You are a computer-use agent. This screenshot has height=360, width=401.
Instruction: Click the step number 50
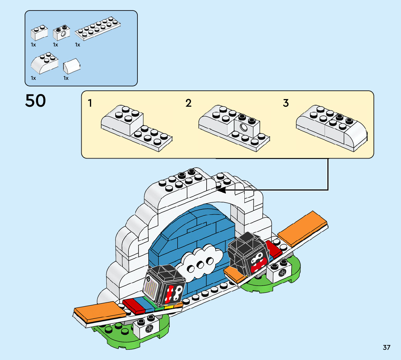coord(36,101)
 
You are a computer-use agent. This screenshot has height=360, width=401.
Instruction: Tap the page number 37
coord(386,348)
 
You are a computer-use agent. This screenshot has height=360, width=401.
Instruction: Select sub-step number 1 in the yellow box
coord(90,103)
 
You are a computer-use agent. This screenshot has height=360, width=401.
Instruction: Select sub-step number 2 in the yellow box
coord(188,103)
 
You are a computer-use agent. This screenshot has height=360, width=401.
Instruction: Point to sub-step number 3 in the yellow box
coord(286,103)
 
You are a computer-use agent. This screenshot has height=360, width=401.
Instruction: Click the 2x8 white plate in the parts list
coord(98,28)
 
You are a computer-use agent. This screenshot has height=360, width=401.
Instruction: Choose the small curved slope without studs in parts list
coord(71,66)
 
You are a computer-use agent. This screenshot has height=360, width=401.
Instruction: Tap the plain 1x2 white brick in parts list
coord(39,33)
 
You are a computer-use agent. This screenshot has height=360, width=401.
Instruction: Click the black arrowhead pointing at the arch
coord(219,189)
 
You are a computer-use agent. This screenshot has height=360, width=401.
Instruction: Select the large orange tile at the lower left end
coord(96,313)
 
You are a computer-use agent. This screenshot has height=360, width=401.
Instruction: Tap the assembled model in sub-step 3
coord(331,127)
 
